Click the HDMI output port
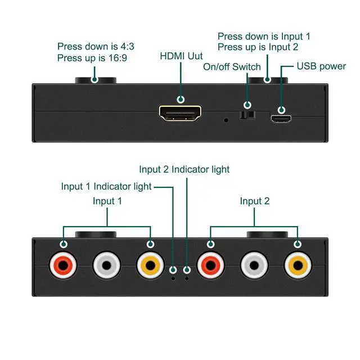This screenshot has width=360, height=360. pyautogui.click(x=180, y=113)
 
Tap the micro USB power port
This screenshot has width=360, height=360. pyautogui.click(x=281, y=119)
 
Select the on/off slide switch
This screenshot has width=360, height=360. pyautogui.click(x=247, y=115)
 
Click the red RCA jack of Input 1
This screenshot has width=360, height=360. pyautogui.click(x=63, y=265)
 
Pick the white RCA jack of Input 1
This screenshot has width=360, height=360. pyautogui.click(x=106, y=265)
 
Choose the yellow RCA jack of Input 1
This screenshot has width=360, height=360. pyautogui.click(x=150, y=265)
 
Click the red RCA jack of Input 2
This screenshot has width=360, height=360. pyautogui.click(x=210, y=265)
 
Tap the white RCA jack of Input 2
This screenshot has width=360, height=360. pyautogui.click(x=254, y=265)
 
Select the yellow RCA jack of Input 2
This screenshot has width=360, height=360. pyautogui.click(x=298, y=265)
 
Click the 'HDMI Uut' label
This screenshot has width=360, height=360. pyautogui.click(x=181, y=56)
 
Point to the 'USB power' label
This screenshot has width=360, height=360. pyautogui.click(x=321, y=66)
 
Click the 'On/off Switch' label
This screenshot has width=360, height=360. pyautogui.click(x=232, y=67)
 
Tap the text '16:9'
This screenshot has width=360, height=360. pyautogui.click(x=118, y=58)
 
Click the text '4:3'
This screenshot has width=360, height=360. pyautogui.click(x=127, y=46)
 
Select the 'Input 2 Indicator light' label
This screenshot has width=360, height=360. pyautogui.click(x=184, y=169)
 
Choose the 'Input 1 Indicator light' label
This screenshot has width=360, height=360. pyautogui.click(x=106, y=186)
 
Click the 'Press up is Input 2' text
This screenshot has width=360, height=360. pyautogui.click(x=258, y=47)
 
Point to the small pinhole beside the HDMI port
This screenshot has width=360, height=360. pyautogui.click(x=226, y=120)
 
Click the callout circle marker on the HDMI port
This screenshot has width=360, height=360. pyautogui.click(x=181, y=100)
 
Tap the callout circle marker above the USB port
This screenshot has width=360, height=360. pyautogui.click(x=281, y=110)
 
